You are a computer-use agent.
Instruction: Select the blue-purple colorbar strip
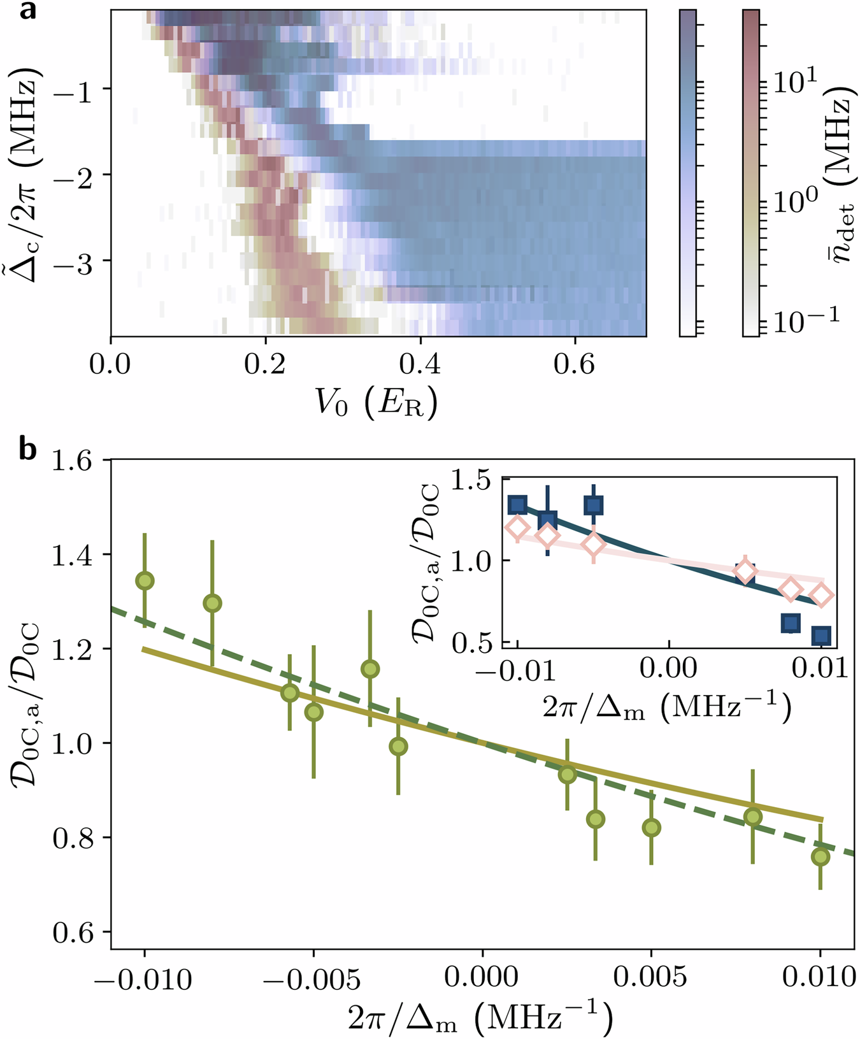coord(687,172)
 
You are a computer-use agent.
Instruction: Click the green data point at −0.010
coord(145,580)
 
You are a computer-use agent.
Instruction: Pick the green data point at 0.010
coord(821,857)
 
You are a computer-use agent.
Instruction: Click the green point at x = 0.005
coord(651,828)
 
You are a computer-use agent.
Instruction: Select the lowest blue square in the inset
coord(822,635)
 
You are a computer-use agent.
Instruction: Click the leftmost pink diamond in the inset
coord(517,527)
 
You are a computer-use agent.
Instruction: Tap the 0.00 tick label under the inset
coord(668,668)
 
